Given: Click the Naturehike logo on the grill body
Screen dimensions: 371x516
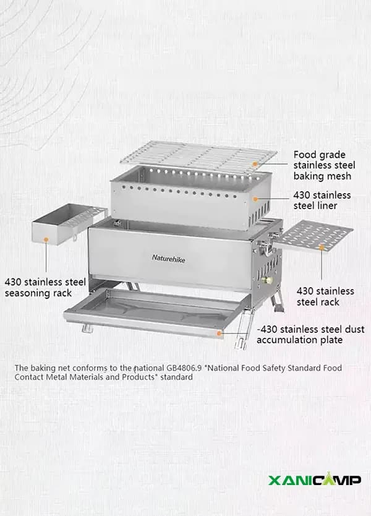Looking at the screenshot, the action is click(168, 259).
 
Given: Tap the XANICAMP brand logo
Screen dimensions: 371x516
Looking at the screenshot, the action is click(315, 479).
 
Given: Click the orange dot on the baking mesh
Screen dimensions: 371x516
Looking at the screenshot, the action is click(255, 163).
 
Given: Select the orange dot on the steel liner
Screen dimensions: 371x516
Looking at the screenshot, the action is click(255, 199).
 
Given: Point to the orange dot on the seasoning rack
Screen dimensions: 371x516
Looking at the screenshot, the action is click(46, 239).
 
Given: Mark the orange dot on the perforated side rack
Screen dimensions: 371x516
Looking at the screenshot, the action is click(322, 246).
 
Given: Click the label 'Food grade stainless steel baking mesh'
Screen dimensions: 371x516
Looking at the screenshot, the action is click(324, 165).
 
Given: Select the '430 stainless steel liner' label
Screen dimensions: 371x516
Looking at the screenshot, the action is click(322, 200).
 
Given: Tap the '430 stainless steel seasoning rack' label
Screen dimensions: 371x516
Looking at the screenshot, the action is click(45, 288).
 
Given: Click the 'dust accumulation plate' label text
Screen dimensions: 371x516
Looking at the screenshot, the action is click(310, 334).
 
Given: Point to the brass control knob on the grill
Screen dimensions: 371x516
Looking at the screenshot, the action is click(268, 280).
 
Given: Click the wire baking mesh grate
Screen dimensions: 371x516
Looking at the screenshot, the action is click(198, 157).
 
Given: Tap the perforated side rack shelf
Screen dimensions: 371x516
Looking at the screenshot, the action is click(313, 236).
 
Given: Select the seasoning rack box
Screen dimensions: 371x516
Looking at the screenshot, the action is click(69, 224).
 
